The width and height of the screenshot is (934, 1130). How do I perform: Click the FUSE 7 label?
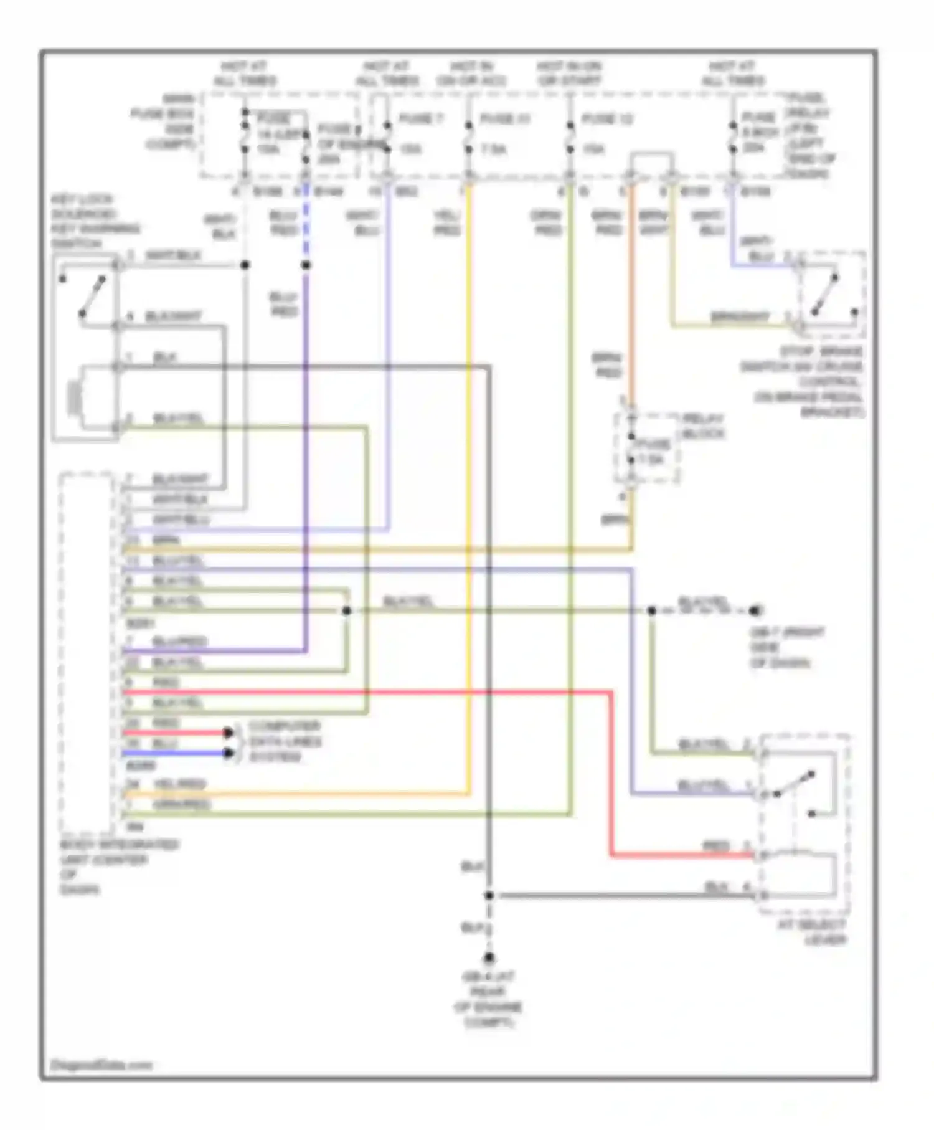(421, 118)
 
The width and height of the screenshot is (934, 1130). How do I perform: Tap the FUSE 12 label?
(606, 118)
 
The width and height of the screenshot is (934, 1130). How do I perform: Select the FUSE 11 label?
(504, 118)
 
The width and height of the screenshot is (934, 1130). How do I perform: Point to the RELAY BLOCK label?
(703, 426)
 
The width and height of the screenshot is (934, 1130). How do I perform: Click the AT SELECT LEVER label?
(812, 933)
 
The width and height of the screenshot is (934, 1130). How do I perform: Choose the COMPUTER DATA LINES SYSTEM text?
(285, 741)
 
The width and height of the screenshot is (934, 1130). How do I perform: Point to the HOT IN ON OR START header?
(569, 74)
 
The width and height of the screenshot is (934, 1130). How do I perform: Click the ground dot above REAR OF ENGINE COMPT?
(489, 958)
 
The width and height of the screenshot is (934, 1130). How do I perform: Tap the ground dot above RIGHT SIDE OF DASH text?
(755, 610)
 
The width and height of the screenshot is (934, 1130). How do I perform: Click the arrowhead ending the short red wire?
(229, 733)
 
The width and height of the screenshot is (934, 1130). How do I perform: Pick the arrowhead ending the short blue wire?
(229, 753)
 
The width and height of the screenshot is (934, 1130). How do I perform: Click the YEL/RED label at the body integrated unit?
(179, 784)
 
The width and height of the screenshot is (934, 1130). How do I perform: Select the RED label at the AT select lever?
(716, 846)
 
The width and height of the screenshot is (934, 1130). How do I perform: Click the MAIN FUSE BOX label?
(164, 121)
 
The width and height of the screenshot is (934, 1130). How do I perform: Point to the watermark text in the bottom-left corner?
(101, 1065)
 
